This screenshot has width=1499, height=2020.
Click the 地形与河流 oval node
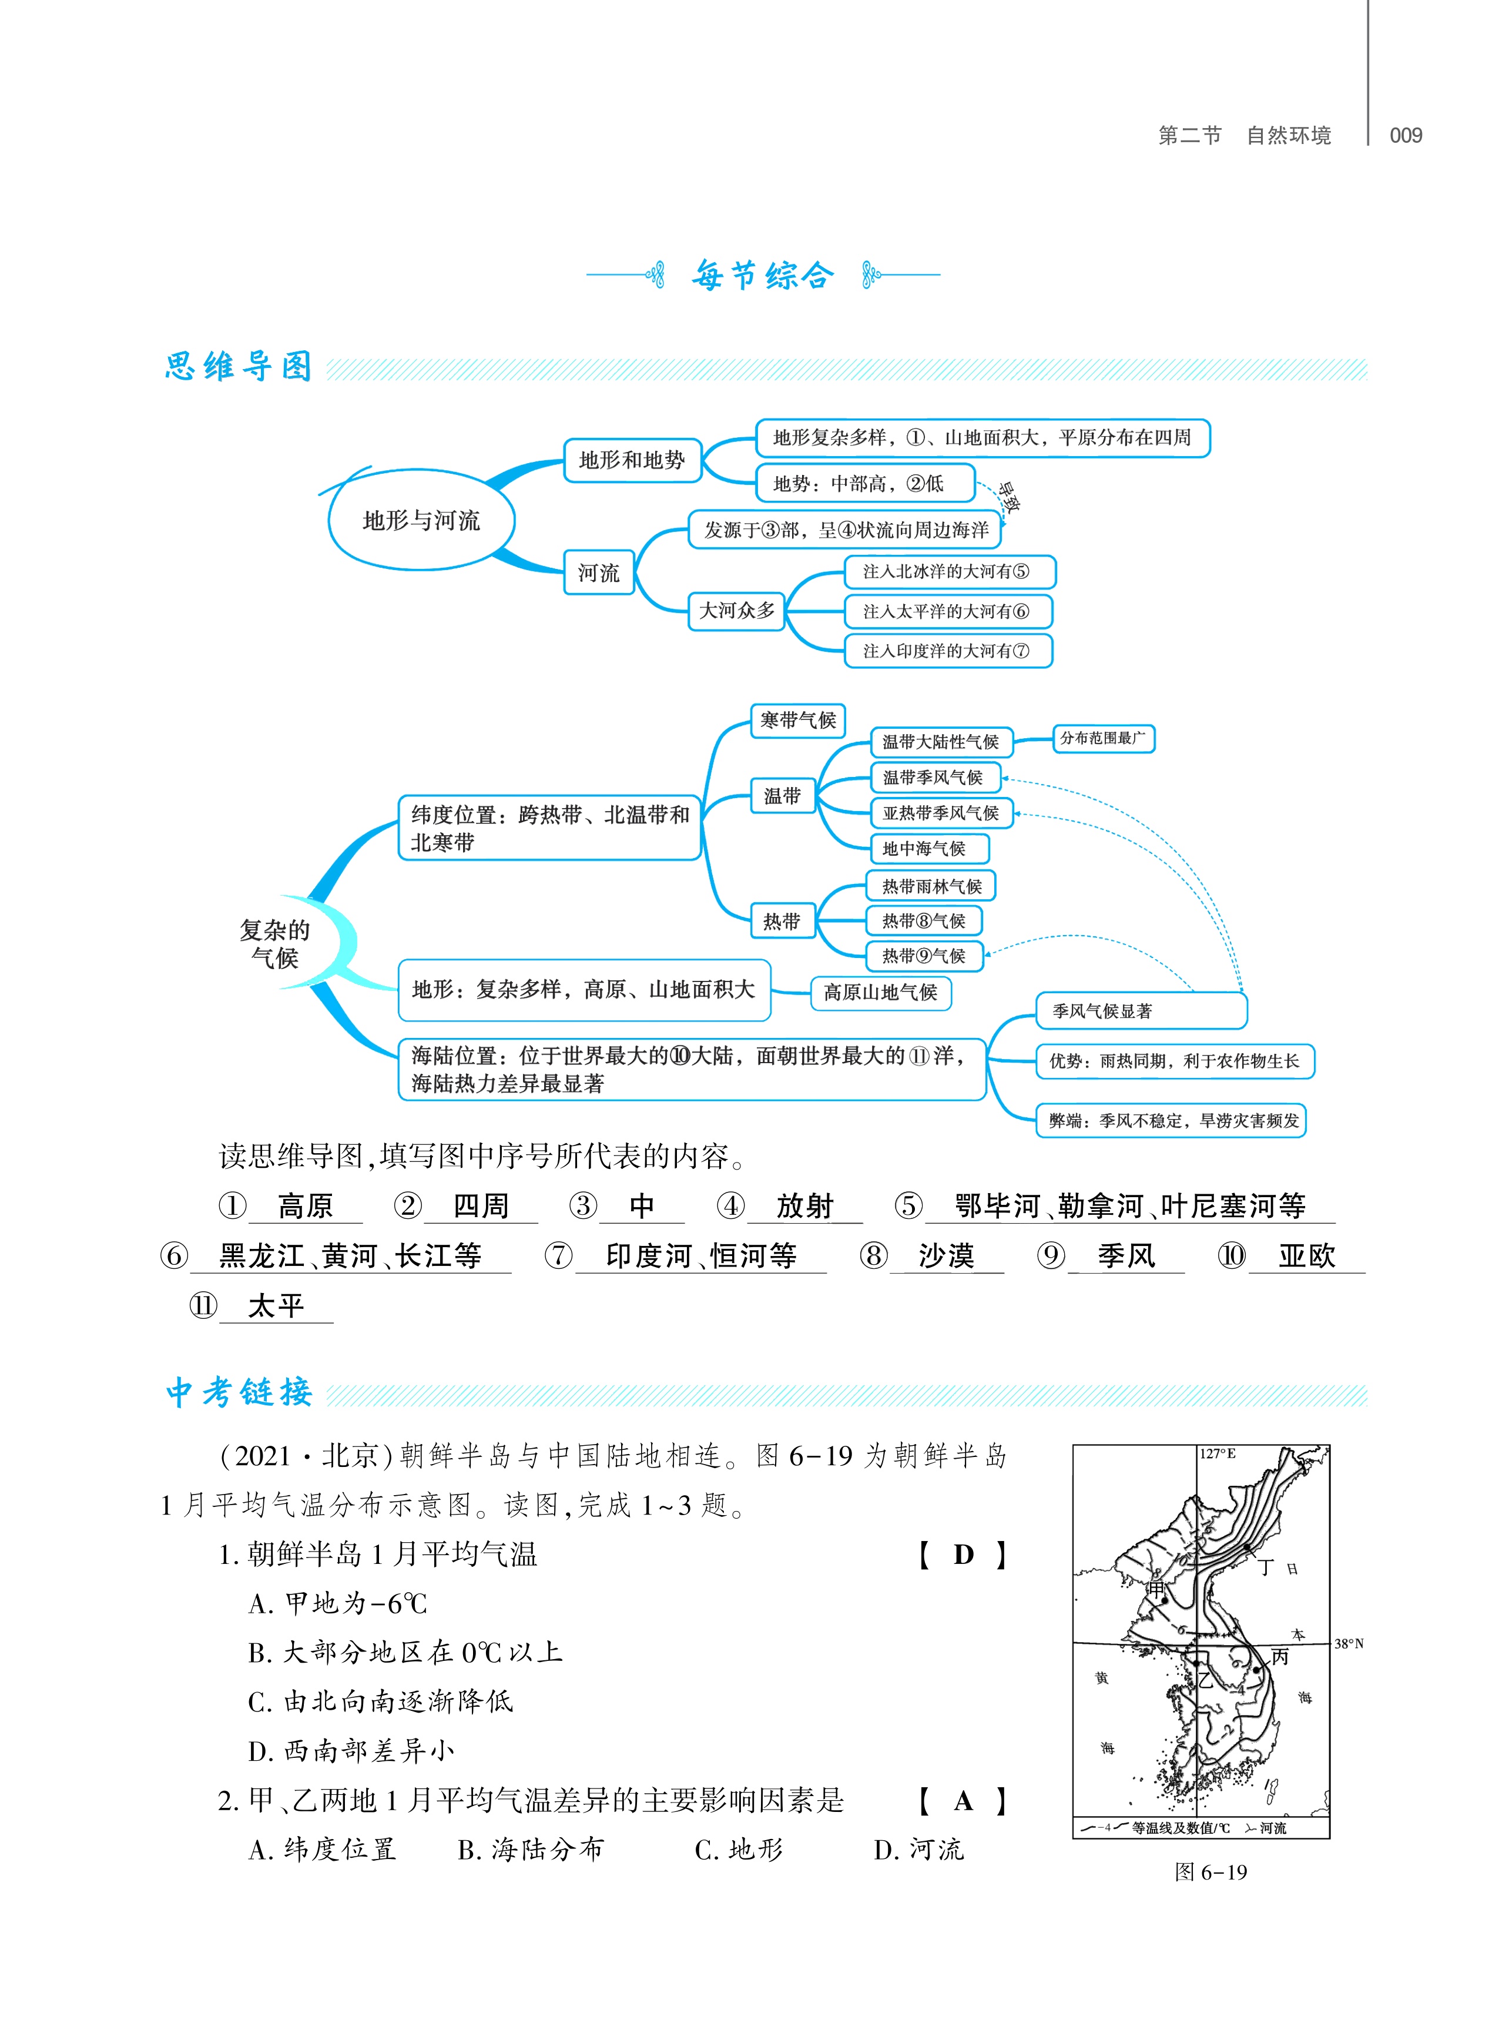tap(421, 520)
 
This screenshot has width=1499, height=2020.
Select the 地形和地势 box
tap(632, 460)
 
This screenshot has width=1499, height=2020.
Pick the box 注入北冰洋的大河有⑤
tap(948, 572)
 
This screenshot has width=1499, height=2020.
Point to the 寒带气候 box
tap(797, 721)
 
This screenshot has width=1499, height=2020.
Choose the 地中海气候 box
tap(928, 849)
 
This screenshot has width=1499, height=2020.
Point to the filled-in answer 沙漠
tap(945, 1256)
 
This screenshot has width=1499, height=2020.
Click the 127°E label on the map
tap(1218, 1454)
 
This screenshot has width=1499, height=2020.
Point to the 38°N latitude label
tap(1349, 1643)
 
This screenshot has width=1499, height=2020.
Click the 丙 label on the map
tap(1279, 1656)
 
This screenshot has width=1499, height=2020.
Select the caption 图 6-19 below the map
tap(1210, 1872)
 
